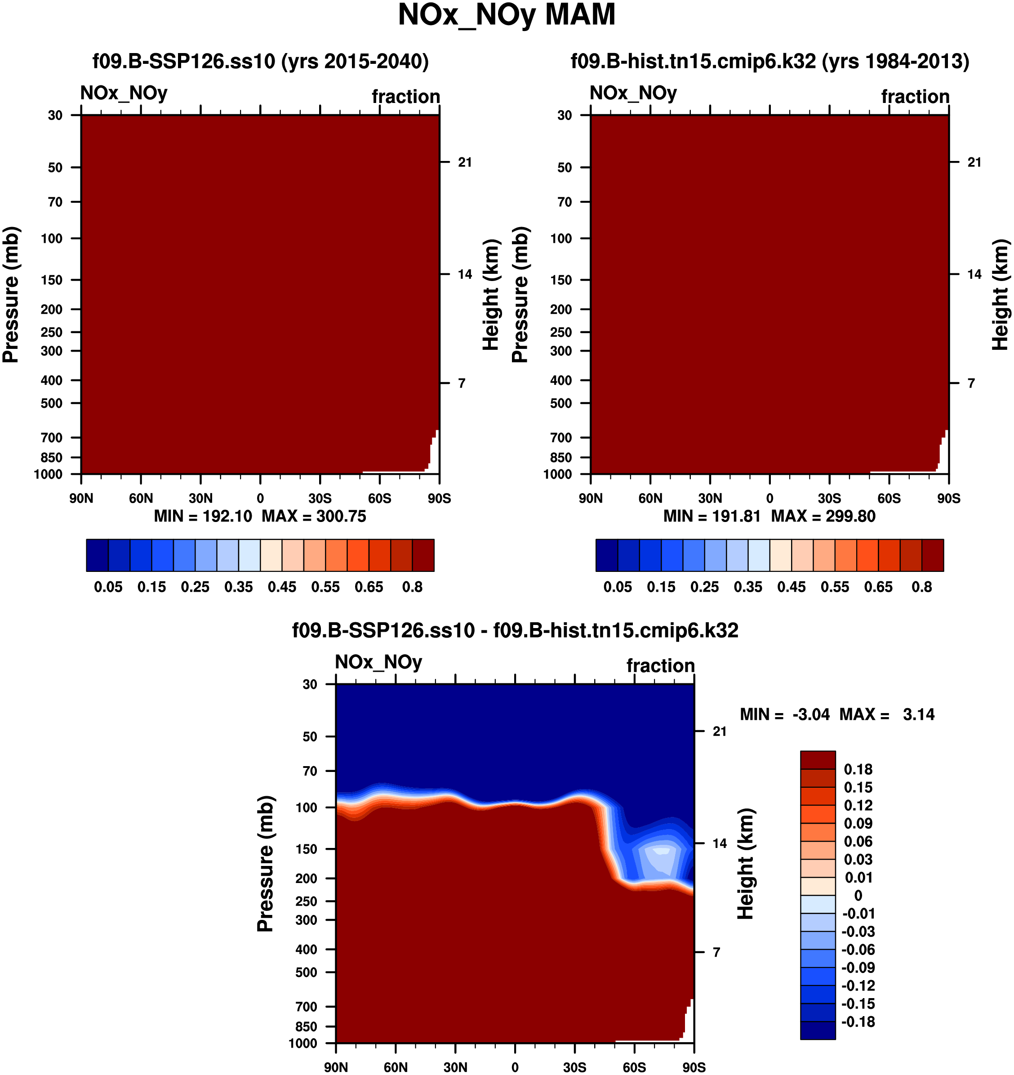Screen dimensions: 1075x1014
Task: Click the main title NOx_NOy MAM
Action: (507, 15)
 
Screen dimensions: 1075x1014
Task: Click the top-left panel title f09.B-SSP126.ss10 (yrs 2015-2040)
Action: (261, 62)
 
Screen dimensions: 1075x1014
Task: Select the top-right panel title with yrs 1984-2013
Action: (769, 62)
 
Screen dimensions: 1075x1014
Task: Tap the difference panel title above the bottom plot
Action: (515, 630)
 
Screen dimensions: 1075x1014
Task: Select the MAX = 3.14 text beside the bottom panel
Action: (886, 714)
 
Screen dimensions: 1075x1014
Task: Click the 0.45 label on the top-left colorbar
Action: (282, 587)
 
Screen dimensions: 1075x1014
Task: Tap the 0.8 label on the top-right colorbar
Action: (921, 587)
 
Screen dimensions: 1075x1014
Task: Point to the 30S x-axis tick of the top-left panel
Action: (320, 498)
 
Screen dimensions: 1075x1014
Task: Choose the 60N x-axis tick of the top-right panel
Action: (650, 498)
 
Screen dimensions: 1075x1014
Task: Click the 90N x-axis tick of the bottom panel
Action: (336, 1067)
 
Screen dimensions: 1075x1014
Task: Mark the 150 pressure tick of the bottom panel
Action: (307, 849)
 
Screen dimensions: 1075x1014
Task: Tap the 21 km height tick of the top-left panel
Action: (465, 162)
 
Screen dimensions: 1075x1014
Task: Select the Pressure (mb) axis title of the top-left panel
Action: (11, 294)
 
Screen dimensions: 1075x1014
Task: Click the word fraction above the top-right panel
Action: (915, 97)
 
